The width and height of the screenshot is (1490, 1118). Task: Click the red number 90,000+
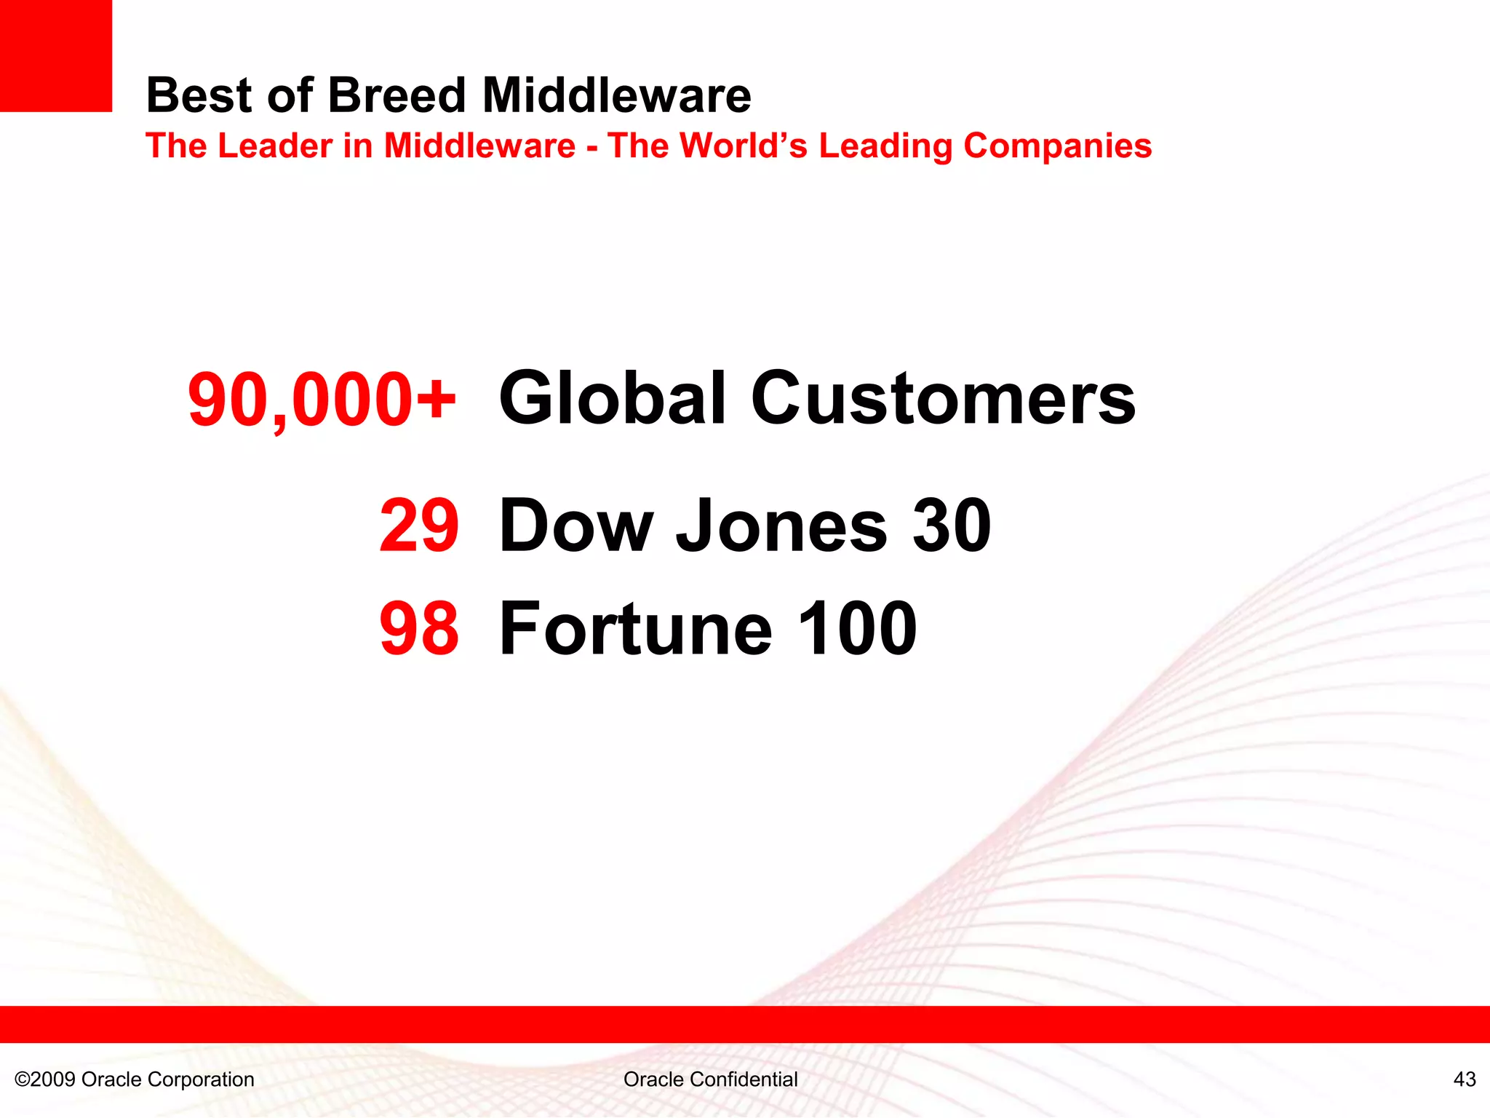[322, 400]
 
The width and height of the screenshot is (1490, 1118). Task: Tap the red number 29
[419, 526]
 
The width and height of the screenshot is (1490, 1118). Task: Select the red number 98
[419, 629]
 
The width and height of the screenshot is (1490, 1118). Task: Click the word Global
[613, 399]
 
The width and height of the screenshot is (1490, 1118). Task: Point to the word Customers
[943, 399]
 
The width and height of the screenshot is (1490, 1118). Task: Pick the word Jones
[781, 526]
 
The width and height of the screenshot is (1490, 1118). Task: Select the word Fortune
[636, 629]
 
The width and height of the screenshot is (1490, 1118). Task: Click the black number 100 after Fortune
[857, 629]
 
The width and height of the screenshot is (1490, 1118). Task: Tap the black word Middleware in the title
[617, 95]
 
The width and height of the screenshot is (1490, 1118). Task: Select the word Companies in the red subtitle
[1057, 146]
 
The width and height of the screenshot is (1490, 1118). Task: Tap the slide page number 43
[1464, 1079]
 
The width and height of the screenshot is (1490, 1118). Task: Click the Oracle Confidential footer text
[710, 1079]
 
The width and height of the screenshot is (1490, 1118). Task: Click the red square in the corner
[55, 55]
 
